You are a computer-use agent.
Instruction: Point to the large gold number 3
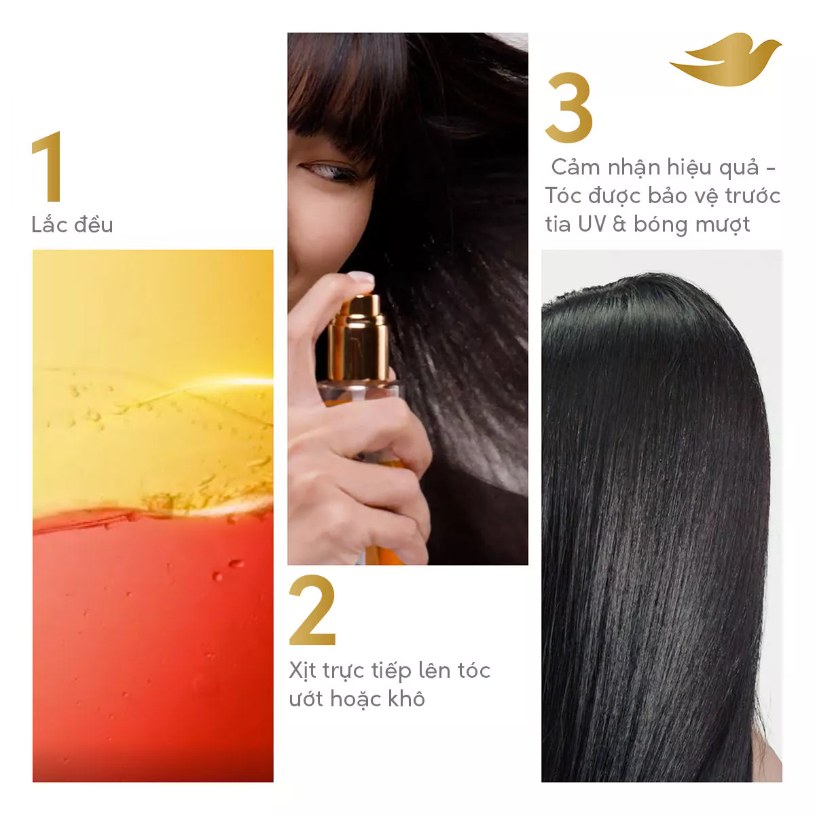(568, 107)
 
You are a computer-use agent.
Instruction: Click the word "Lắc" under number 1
(49, 224)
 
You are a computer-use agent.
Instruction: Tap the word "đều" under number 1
(94, 224)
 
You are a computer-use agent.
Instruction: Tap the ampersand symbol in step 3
(619, 224)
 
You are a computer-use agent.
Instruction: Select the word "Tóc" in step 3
(563, 196)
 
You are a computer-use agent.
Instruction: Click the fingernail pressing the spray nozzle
(361, 278)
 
